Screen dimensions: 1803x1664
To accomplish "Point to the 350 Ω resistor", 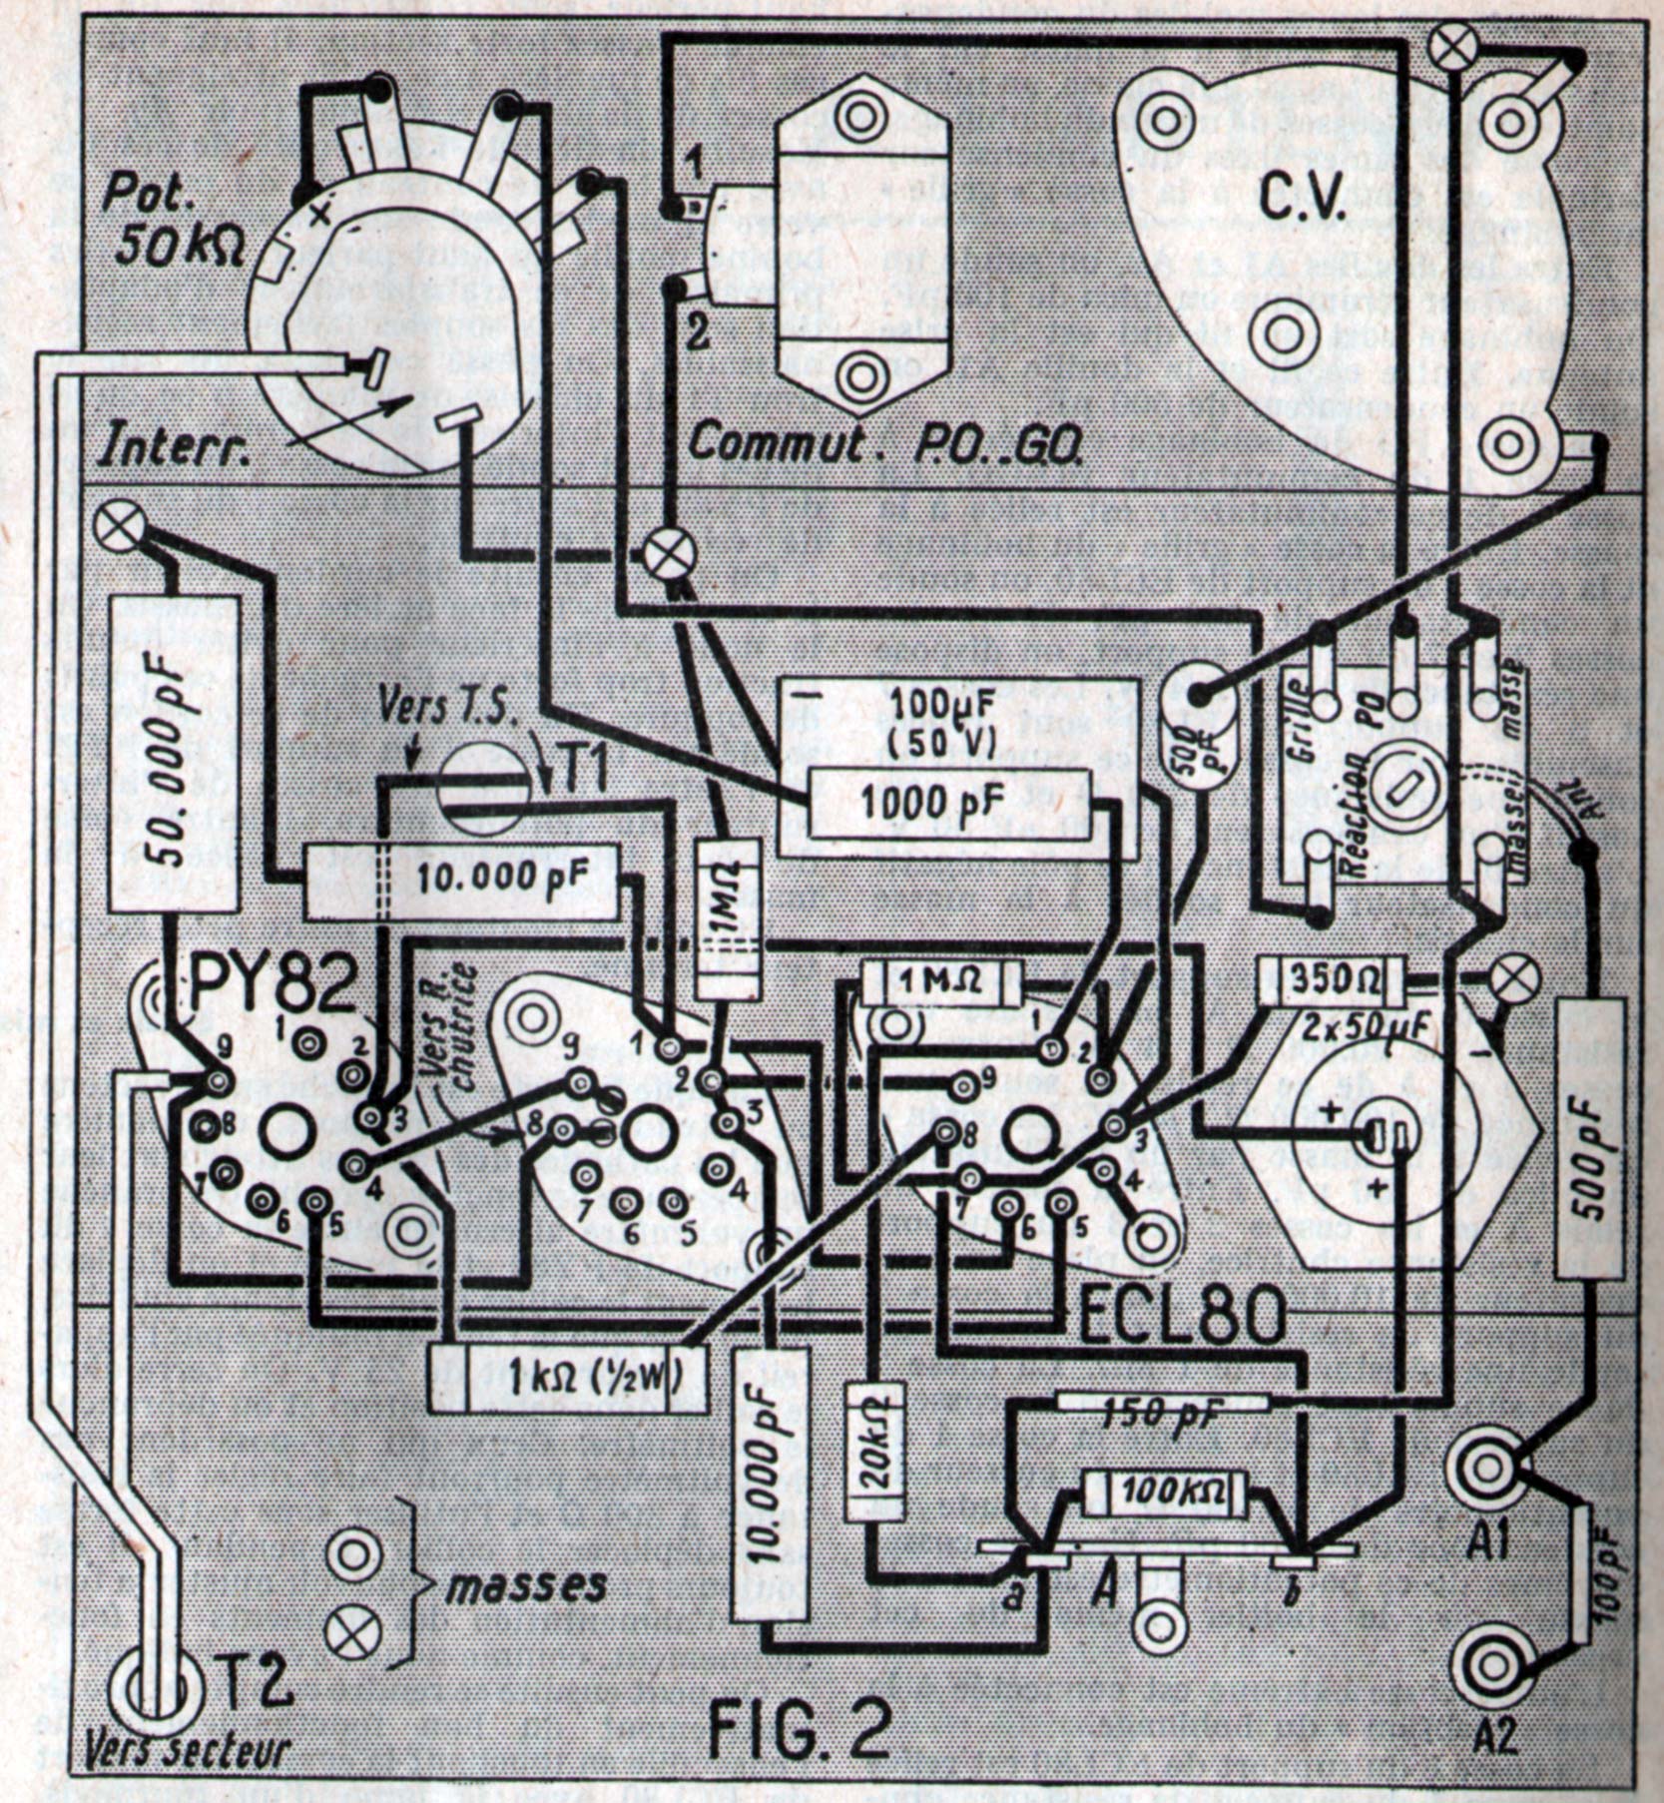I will click(x=1332, y=981).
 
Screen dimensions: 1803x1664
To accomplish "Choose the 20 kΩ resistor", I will click(x=875, y=1464).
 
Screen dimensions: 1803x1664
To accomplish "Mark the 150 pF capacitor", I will click(x=1162, y=1411).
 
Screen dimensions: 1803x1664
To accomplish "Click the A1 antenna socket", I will click(x=1486, y=1467).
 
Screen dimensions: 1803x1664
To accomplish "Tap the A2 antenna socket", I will click(x=1486, y=1666).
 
